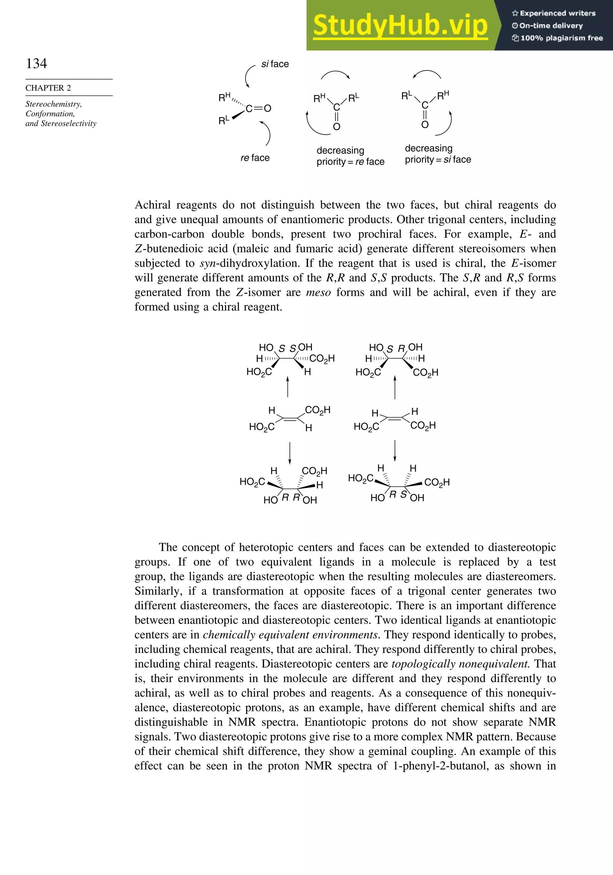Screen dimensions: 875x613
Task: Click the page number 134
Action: [37, 63]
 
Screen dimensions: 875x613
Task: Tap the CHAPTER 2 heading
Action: [48, 88]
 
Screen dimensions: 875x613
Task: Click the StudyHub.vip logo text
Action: [400, 25]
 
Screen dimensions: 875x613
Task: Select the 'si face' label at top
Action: [275, 64]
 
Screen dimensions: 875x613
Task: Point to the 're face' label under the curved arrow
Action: [255, 158]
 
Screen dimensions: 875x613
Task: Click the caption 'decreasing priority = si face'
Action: [438, 154]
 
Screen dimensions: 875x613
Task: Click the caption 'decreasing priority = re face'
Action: [350, 156]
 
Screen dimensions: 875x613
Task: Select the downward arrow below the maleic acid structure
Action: [395, 450]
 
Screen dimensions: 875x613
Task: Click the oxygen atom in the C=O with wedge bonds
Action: [267, 109]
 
